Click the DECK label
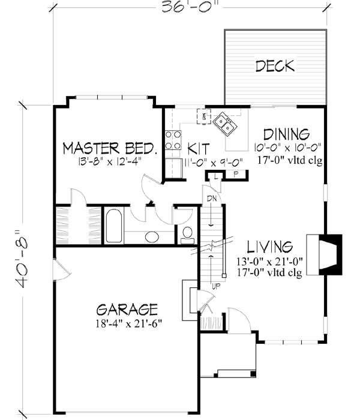[275, 66]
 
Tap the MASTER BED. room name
[111, 148]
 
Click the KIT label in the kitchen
[197, 148]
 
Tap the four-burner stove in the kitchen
[173, 140]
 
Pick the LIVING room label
[270, 247]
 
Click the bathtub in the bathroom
[113, 226]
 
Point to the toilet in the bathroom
[187, 232]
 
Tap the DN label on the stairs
[211, 198]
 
